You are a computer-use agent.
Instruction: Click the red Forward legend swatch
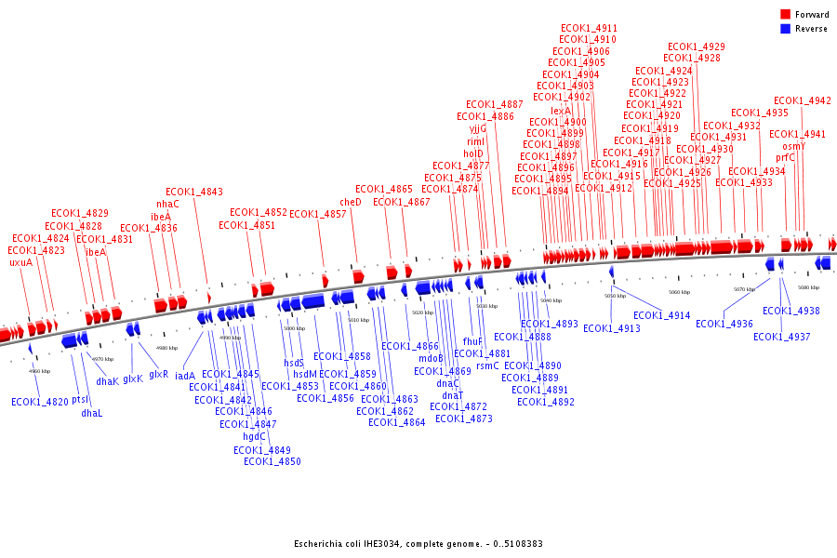(x=786, y=15)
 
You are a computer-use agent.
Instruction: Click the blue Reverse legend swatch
(x=786, y=29)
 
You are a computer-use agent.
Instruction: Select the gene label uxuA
(x=20, y=262)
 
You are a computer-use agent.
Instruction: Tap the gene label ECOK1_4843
(x=194, y=193)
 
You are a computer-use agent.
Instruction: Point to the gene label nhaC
(x=167, y=205)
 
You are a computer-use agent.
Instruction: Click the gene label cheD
(x=351, y=202)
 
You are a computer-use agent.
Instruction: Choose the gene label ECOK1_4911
(x=589, y=28)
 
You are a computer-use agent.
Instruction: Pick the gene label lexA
(x=561, y=111)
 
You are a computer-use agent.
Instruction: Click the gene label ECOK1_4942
(x=803, y=100)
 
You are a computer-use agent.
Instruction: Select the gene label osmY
(x=793, y=146)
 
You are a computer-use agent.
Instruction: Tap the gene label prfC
(x=786, y=158)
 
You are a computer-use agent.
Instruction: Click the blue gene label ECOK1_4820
(x=40, y=402)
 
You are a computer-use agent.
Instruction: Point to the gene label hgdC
(x=255, y=436)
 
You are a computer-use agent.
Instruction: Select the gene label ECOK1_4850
(x=272, y=461)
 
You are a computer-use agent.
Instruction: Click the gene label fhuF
(x=472, y=341)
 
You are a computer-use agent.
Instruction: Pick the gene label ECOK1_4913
(x=612, y=328)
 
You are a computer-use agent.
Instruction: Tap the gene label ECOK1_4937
(x=781, y=337)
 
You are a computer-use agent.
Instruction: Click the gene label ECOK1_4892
(x=546, y=403)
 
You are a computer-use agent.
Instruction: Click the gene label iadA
(x=185, y=377)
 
